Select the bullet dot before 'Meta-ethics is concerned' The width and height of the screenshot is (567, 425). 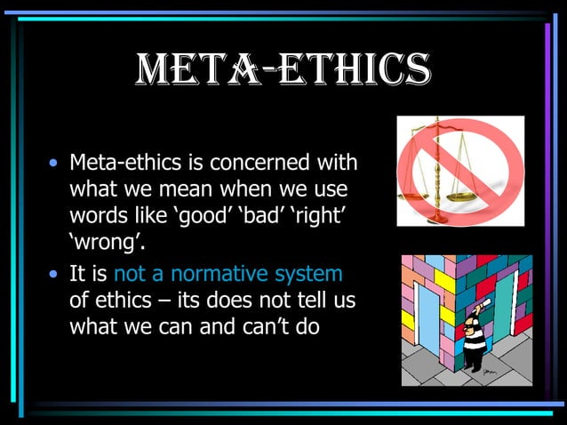point(56,164)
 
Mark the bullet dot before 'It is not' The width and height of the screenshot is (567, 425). point(56,275)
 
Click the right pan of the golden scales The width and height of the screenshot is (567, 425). point(459,190)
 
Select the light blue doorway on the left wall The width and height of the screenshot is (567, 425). point(427,324)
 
